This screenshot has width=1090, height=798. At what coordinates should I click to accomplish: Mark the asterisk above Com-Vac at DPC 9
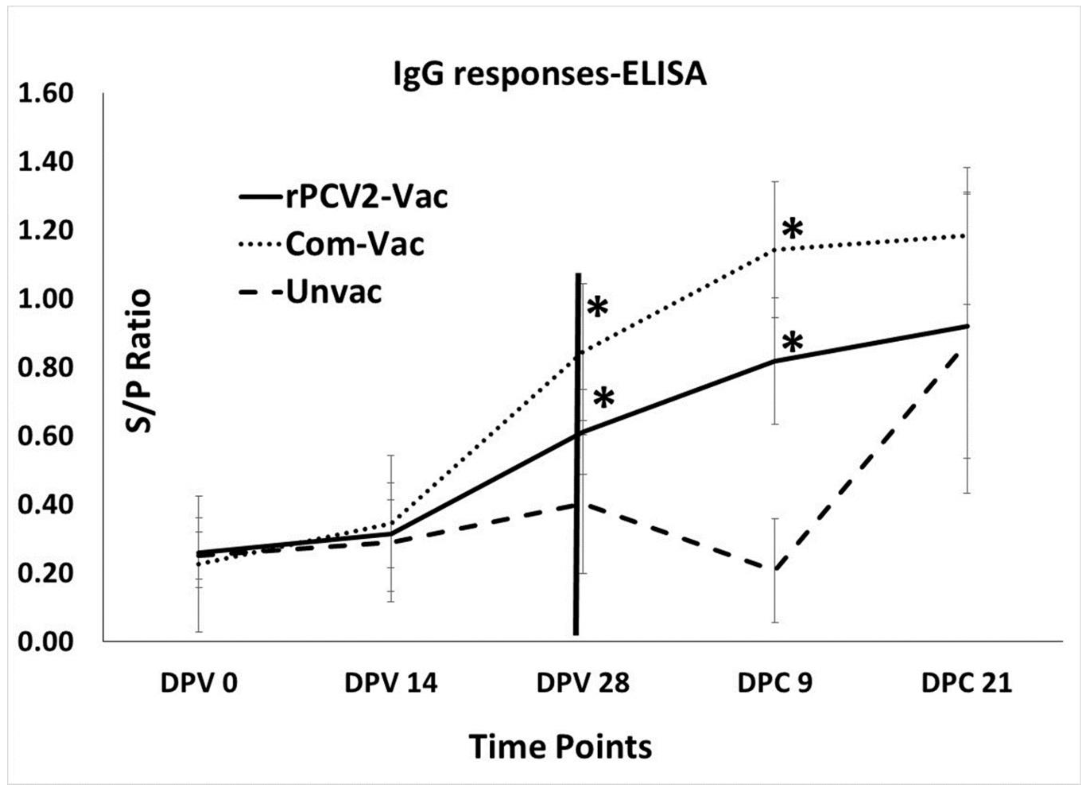[x=793, y=229]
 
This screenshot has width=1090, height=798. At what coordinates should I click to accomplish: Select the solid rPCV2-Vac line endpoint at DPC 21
[x=966, y=326]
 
